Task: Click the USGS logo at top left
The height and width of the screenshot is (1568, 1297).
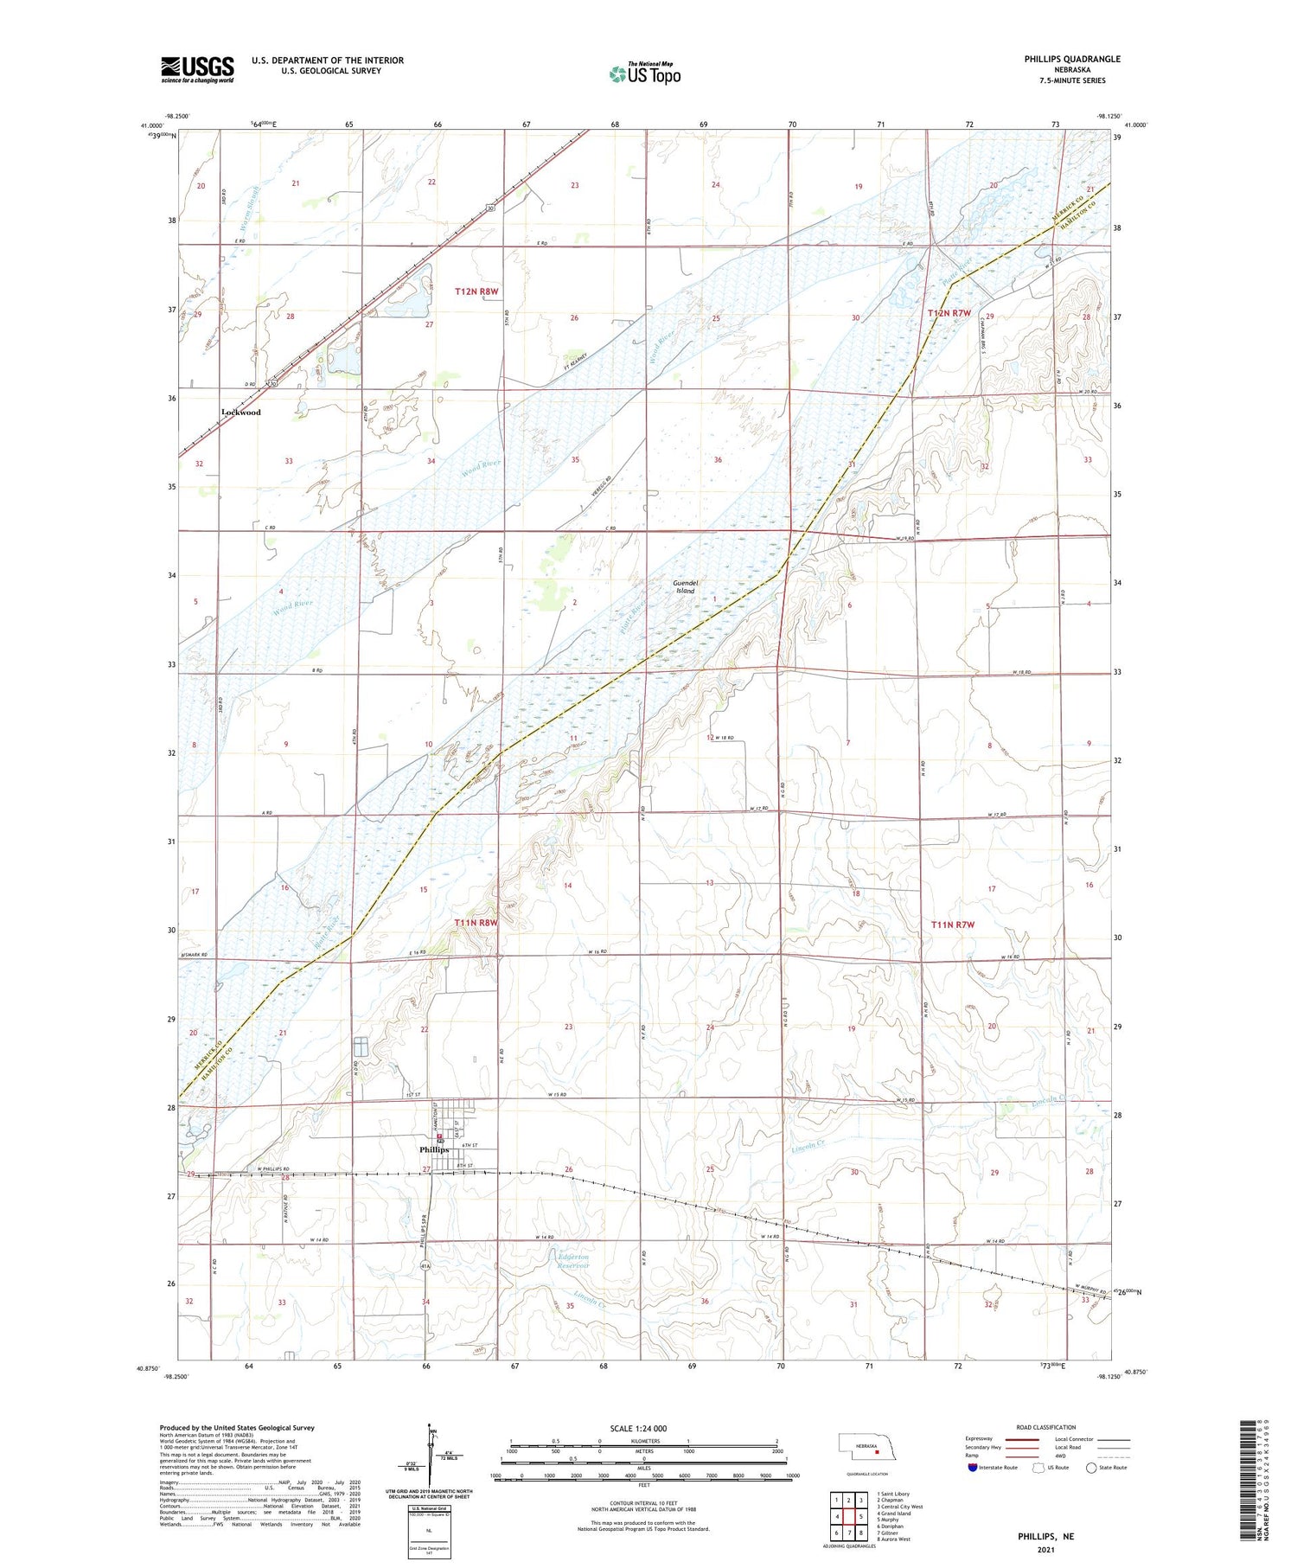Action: pos(197,69)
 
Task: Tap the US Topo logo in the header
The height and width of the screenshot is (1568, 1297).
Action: pos(644,74)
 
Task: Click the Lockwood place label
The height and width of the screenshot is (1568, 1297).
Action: pos(240,413)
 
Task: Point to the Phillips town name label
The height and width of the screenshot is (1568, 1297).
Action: pos(434,1149)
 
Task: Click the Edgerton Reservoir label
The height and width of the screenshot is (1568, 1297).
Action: pos(572,1261)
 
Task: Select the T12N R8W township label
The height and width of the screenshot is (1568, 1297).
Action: pos(476,292)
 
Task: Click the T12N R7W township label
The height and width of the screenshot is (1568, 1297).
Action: pos(949,313)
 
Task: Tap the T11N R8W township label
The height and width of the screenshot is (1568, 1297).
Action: pos(476,923)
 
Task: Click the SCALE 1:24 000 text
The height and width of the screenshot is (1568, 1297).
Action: pos(638,1428)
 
